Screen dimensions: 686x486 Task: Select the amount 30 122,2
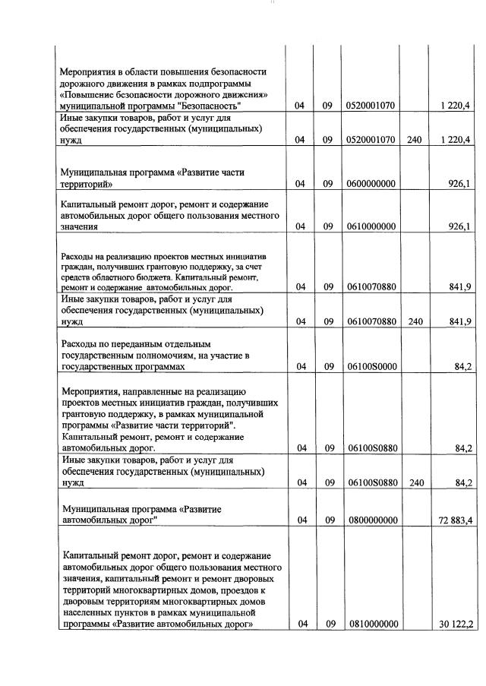click(x=456, y=624)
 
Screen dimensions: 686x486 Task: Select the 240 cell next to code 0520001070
click(x=415, y=140)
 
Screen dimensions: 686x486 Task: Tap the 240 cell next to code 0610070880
click(x=415, y=321)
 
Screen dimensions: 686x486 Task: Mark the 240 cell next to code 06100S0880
click(x=415, y=482)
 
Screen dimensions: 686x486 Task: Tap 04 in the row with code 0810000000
click(x=302, y=624)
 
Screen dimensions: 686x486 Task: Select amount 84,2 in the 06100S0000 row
click(x=463, y=367)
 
